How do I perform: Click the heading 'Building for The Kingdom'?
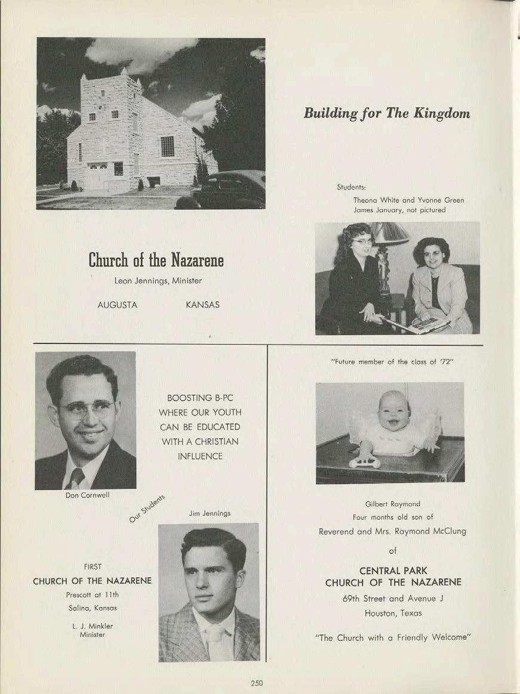386,113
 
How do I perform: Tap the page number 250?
257,683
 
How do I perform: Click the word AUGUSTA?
117,305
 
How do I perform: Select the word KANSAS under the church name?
202,305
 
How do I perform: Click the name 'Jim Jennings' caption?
210,513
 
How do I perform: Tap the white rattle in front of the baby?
365,462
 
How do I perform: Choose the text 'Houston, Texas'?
393,613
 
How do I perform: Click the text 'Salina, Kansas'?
92,608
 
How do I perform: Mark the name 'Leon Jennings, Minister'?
158,280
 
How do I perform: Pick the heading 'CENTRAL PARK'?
393,571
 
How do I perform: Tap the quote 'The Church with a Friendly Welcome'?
393,637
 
